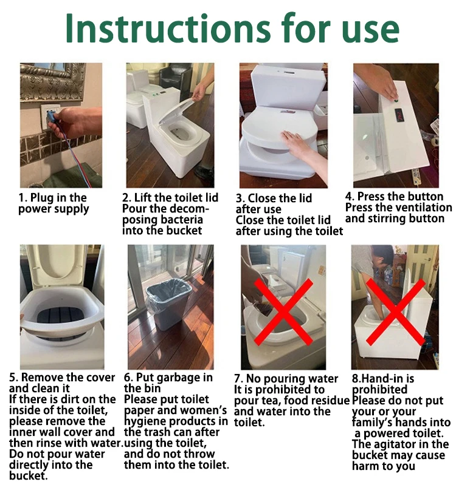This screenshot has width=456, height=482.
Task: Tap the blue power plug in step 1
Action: point(52,116)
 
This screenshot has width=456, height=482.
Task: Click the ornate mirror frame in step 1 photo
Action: point(52,82)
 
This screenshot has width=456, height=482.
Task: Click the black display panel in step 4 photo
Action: point(400,115)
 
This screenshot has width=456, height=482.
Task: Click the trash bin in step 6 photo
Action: point(169,304)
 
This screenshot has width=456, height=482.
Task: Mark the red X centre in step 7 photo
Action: point(283,311)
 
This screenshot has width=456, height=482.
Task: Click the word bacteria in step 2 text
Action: point(182,220)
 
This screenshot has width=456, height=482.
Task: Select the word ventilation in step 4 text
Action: point(423,208)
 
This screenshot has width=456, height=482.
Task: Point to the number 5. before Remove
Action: point(13,377)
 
